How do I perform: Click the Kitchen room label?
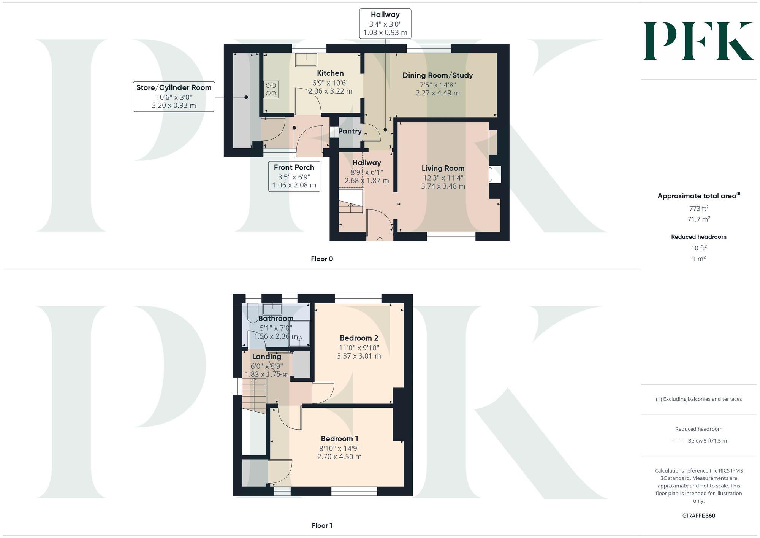tap(330, 73)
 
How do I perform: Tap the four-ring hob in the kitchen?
tap(271, 89)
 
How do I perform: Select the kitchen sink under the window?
tap(306, 60)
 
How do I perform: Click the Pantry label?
tap(350, 131)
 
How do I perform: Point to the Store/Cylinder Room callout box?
tap(174, 96)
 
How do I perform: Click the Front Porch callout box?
tap(294, 176)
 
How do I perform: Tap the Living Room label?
tap(443, 168)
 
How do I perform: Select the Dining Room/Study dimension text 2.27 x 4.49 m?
tap(437, 93)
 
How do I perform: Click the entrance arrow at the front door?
tap(380, 240)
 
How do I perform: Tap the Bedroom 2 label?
tap(359, 338)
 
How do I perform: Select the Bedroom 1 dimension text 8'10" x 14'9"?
tap(339, 448)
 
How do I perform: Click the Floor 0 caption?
tap(322, 259)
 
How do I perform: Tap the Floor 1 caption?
tap(322, 525)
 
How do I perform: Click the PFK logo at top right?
tap(698, 41)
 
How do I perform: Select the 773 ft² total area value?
tap(698, 208)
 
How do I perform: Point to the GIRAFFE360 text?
tap(698, 516)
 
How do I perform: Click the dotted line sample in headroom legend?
tap(677, 441)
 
